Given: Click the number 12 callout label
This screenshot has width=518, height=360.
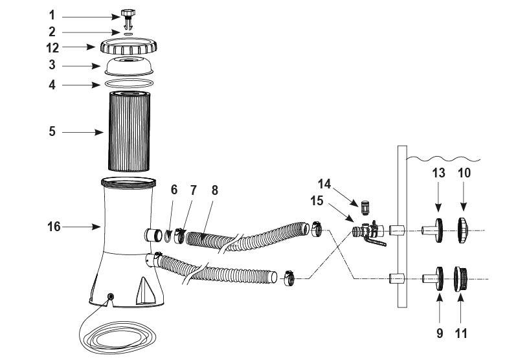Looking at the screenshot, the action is click(52, 48).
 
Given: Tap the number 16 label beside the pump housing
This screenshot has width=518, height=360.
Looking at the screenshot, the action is click(54, 227).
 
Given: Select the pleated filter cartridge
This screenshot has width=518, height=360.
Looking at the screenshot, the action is click(129, 131).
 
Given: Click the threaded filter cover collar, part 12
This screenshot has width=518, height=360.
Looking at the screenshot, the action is click(128, 46).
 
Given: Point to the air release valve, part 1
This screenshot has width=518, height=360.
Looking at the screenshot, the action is click(128, 19).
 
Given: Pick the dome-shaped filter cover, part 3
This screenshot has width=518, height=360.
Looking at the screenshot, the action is click(129, 67).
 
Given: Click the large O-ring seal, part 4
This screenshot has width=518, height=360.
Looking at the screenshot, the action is click(129, 84).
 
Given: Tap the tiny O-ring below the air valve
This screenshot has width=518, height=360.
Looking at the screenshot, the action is click(128, 34).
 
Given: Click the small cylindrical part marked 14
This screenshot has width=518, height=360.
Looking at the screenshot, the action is click(365, 207).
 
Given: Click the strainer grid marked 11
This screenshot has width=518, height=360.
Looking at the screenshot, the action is click(460, 279).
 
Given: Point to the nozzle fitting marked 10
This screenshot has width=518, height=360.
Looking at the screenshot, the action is click(462, 231).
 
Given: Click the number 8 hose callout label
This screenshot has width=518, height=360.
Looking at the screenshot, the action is click(215, 190).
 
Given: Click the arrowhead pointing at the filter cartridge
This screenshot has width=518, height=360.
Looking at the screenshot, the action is click(99, 133).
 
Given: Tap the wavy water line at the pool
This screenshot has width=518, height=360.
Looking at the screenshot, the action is click(444, 159).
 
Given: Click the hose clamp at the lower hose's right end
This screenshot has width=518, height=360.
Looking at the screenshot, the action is click(289, 278).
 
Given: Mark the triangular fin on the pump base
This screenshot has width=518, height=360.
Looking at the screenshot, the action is click(145, 291).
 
